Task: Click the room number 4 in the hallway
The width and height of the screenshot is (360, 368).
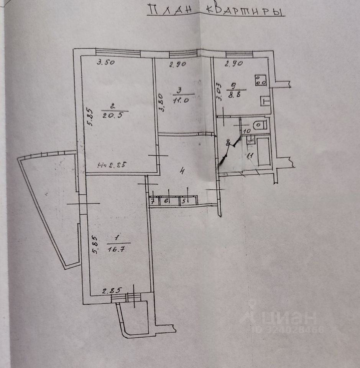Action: point(182,171)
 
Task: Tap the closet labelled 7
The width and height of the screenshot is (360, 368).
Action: point(153,200)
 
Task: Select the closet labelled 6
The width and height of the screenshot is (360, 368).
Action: point(166,200)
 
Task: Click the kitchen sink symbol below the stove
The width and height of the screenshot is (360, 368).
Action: point(265,101)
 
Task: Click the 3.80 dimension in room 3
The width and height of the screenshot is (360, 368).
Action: point(161,103)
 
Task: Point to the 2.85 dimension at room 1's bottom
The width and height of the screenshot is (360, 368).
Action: point(109,291)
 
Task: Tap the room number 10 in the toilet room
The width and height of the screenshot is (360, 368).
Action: point(247,131)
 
